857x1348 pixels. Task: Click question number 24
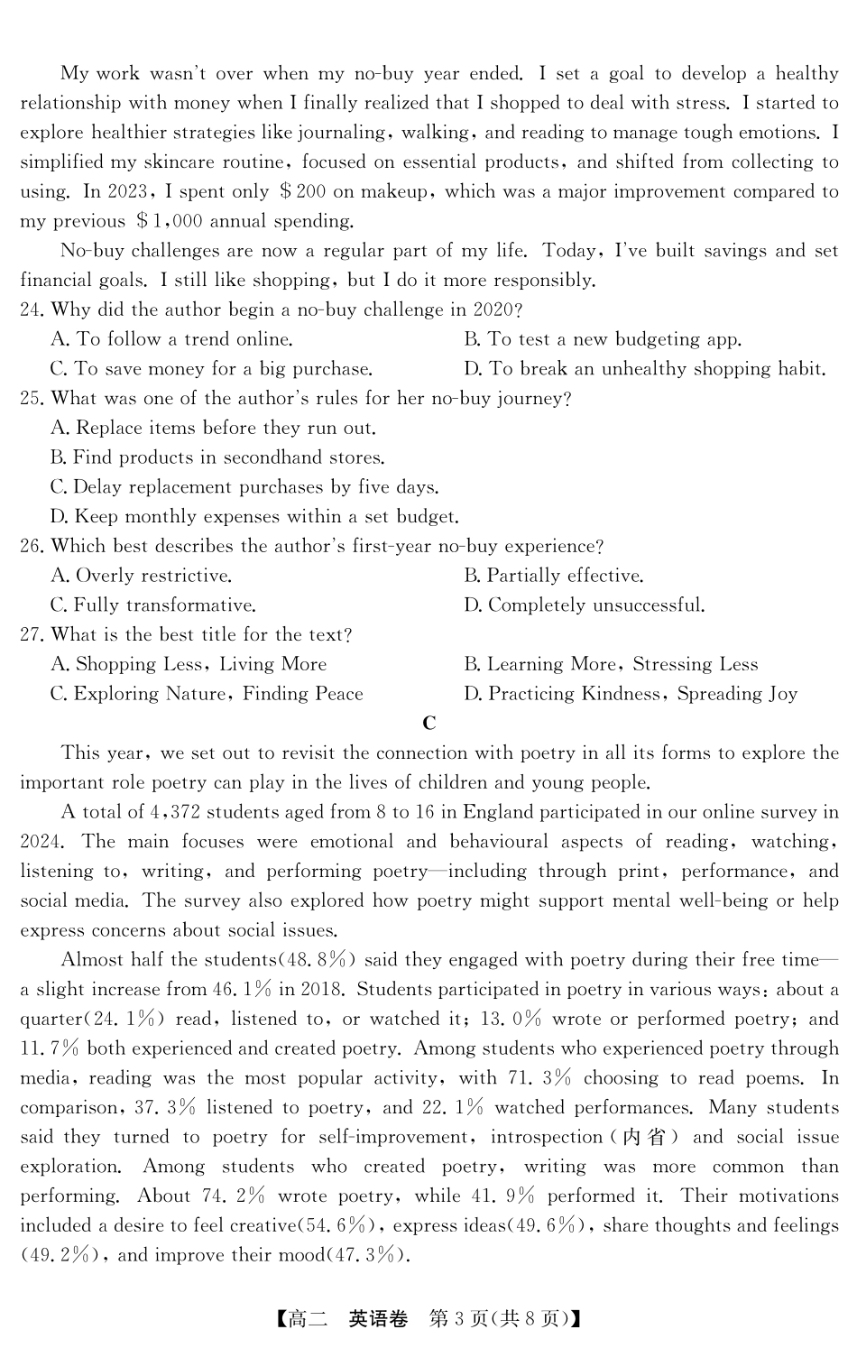(x=32, y=309)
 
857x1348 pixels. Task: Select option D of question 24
(x=644, y=368)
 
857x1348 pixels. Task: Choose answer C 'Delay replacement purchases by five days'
(x=244, y=487)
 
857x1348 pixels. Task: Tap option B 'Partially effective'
(x=553, y=576)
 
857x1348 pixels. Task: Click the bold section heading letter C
(x=429, y=723)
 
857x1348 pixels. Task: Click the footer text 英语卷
(x=378, y=1319)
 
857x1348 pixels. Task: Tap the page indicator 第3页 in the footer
(x=460, y=1319)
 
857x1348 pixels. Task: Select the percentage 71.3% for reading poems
(x=539, y=1078)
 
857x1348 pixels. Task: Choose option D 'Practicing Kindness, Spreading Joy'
(x=631, y=694)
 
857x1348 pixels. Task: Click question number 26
(x=32, y=546)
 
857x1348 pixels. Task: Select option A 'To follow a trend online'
(x=172, y=339)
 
